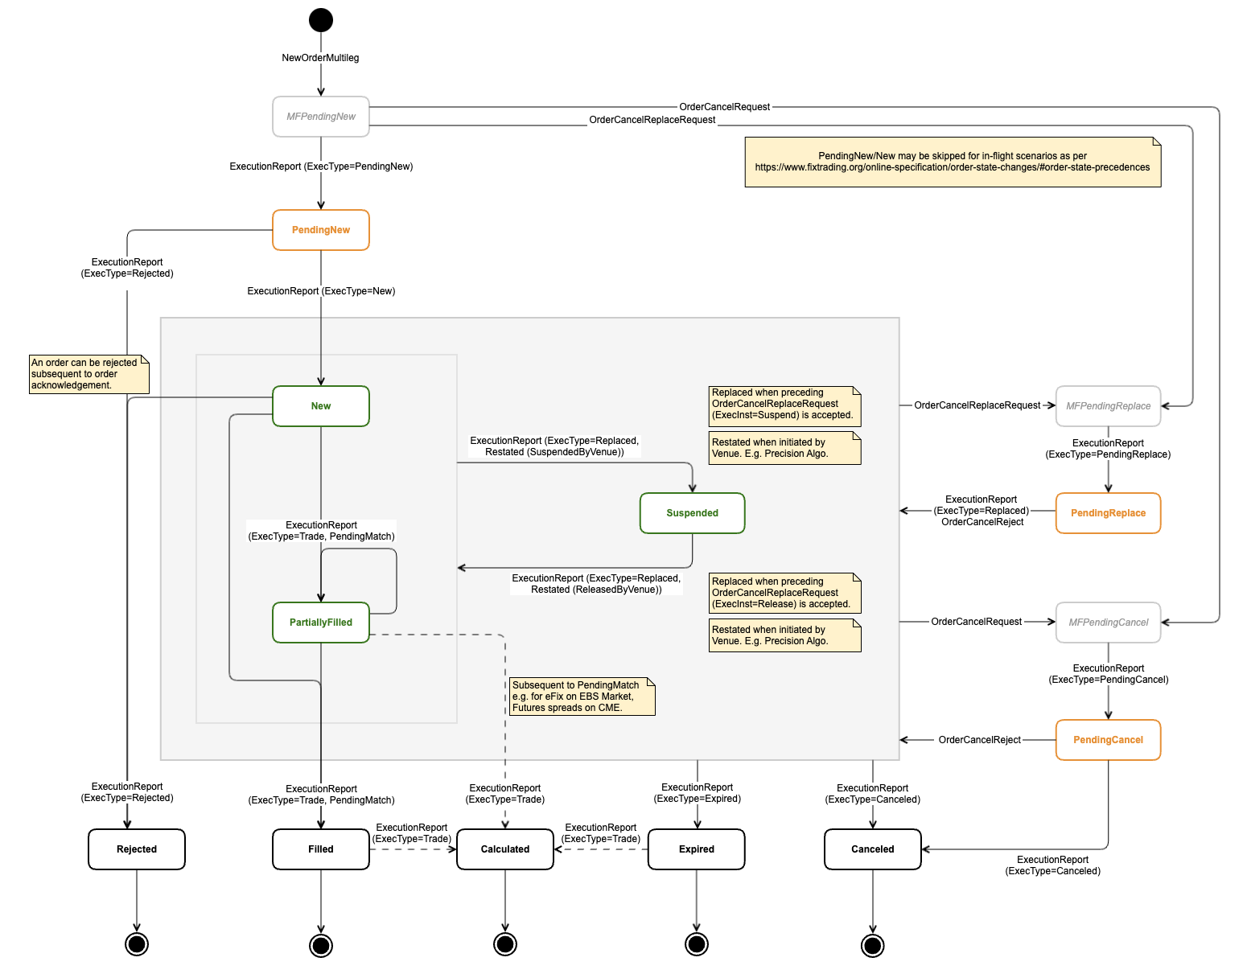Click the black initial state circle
click(321, 20)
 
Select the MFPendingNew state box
click(321, 117)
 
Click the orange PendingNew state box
click(321, 230)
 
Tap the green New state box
click(321, 406)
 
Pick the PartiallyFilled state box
click(321, 623)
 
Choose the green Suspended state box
click(692, 513)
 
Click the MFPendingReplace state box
click(1108, 406)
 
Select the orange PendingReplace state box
click(1108, 513)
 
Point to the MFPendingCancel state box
click(1108, 623)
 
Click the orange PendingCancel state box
click(1108, 740)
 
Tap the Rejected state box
click(137, 849)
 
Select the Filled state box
click(321, 849)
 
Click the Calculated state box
click(505, 849)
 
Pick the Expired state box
click(697, 849)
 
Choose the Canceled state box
click(873, 849)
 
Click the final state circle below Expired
click(697, 944)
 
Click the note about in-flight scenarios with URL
click(953, 162)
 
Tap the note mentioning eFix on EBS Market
click(582, 697)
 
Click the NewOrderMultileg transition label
click(320, 58)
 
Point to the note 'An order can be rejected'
click(88, 374)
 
